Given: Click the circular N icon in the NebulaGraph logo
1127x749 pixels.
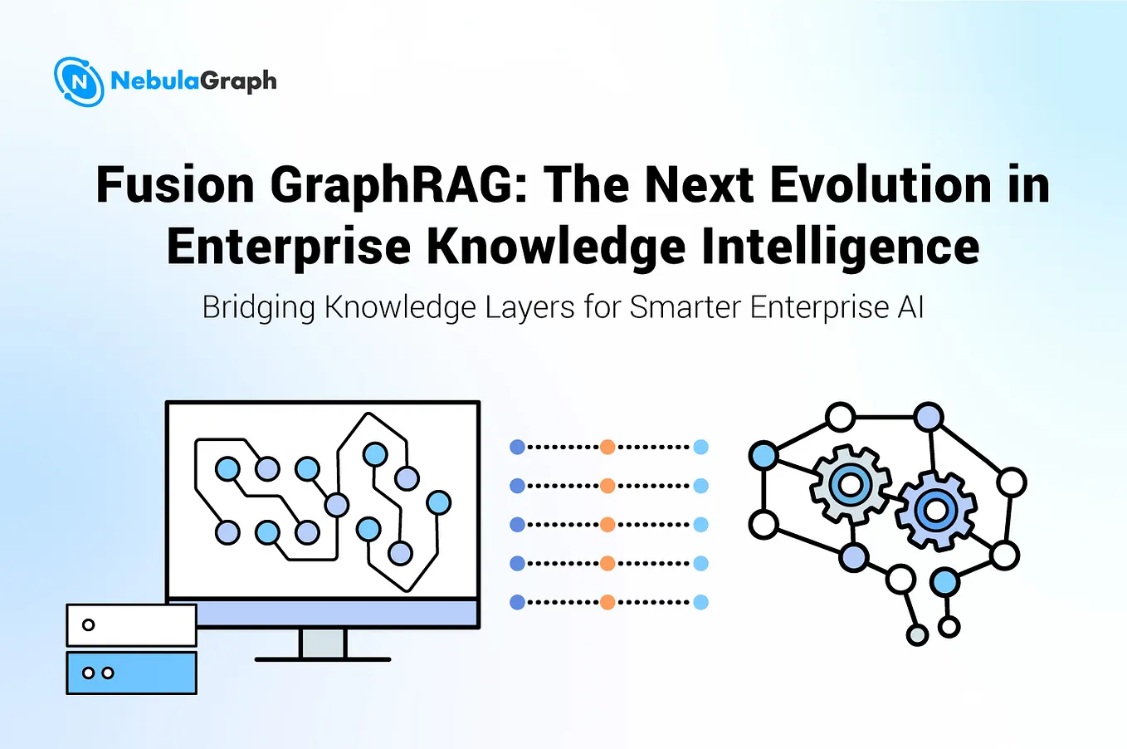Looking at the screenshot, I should (x=79, y=81).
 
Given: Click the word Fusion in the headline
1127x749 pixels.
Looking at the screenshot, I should (x=175, y=184).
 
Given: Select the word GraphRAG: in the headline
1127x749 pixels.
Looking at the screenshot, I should (x=400, y=184).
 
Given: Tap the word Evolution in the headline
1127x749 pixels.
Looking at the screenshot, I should (x=881, y=184).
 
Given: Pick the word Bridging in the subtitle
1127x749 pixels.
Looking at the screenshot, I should (x=259, y=307).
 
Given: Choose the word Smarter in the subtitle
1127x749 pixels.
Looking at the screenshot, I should (x=685, y=307).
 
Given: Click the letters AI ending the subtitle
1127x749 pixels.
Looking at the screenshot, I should (x=910, y=307).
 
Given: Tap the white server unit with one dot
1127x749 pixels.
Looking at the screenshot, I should (x=131, y=625).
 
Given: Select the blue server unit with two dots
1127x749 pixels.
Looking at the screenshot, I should (x=131, y=673).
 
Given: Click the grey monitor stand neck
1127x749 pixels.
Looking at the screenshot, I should (x=323, y=643).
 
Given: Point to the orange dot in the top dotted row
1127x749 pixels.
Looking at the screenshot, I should (x=607, y=447).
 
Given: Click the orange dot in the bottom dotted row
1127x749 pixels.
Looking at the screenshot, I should (x=607, y=602).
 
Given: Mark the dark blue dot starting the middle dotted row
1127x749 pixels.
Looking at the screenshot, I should (x=517, y=525).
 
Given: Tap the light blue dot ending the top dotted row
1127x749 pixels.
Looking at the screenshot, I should (x=700, y=447).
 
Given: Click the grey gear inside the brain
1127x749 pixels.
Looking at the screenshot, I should (x=850, y=484).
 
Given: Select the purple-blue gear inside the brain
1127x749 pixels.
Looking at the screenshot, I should (x=935, y=510).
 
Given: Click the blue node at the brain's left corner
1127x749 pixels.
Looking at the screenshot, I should (x=764, y=455).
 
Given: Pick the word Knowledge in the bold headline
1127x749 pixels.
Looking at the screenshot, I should (x=556, y=247).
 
